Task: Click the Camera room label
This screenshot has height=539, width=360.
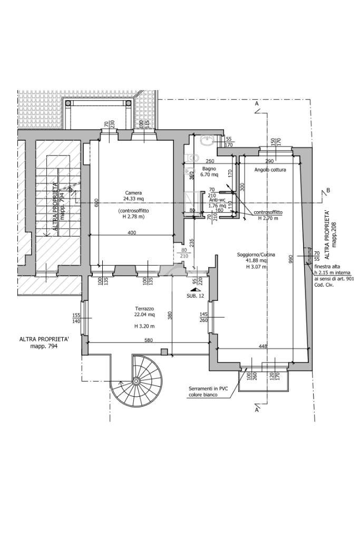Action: [x=133, y=193]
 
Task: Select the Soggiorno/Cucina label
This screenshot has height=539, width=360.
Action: [x=256, y=254]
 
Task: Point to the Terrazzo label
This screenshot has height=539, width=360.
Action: [x=144, y=309]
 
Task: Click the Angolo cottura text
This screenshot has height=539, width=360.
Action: [x=270, y=170]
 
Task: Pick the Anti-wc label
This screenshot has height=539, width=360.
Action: [x=217, y=200]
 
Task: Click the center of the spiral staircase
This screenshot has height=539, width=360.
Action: [x=136, y=380]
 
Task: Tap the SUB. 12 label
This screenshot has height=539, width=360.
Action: [x=195, y=296]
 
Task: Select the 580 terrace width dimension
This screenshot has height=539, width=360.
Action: [x=149, y=340]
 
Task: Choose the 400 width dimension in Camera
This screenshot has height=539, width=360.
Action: [x=132, y=232]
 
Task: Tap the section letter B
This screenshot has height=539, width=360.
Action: [x=328, y=190]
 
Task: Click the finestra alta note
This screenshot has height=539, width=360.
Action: [x=328, y=267]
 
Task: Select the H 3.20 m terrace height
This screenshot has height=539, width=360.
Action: [x=143, y=326]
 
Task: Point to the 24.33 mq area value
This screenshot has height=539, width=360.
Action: [x=133, y=199]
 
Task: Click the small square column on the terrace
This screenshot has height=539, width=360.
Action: [x=164, y=352]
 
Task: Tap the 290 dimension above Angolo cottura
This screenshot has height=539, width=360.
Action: [x=269, y=161]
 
